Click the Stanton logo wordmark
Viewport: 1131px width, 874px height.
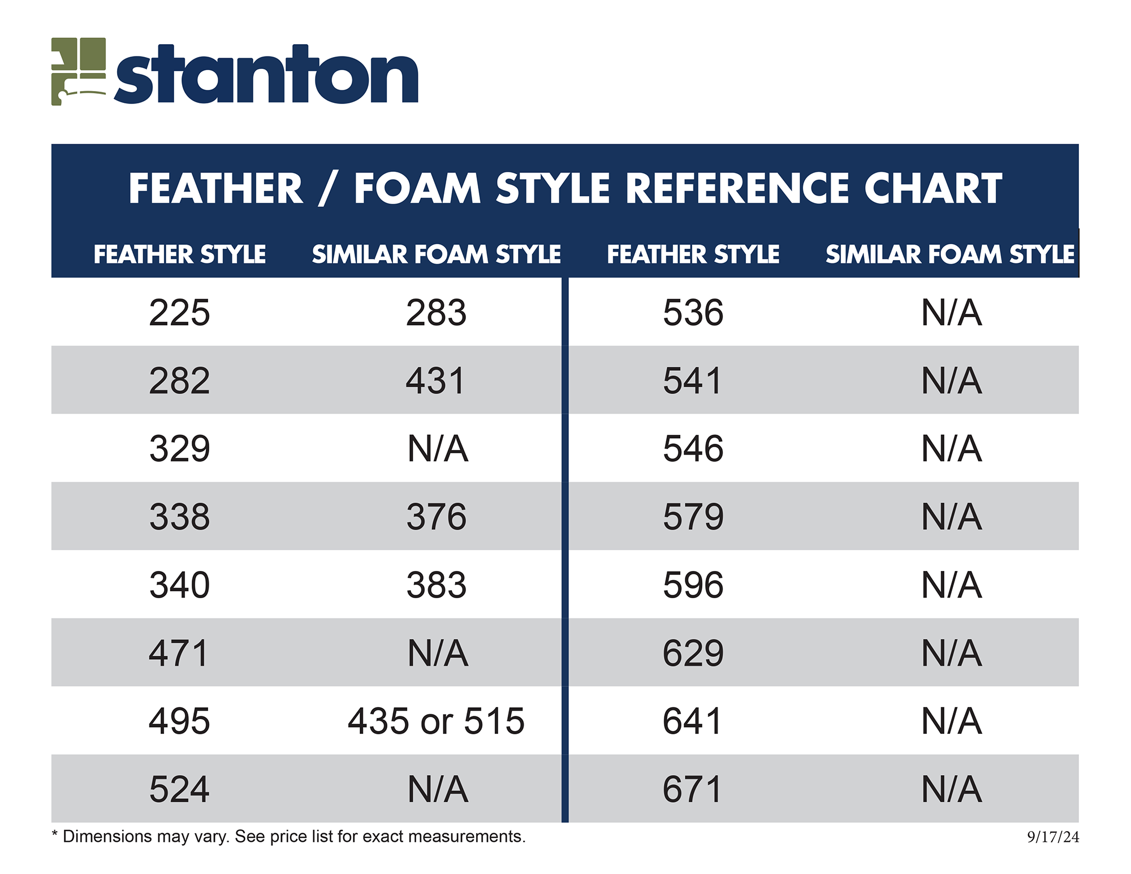[266, 74]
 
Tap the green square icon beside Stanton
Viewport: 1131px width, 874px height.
[79, 71]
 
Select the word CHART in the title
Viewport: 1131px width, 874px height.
[933, 188]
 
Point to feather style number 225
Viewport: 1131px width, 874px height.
[179, 313]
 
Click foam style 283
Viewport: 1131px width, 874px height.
[436, 313]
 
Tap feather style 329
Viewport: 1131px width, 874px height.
[179, 449]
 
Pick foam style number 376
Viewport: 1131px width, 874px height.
[436, 517]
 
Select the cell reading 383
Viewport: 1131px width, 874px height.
[436, 585]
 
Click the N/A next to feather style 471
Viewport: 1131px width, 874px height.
[438, 653]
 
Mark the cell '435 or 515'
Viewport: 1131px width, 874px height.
[436, 721]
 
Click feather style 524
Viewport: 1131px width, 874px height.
[179, 789]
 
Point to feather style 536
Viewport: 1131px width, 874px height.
[693, 313]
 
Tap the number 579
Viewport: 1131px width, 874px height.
[693, 517]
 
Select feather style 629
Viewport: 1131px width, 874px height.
[693, 653]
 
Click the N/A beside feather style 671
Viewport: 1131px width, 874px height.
[951, 789]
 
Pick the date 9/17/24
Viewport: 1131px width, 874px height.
[1053, 837]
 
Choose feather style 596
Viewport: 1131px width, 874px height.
[693, 585]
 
